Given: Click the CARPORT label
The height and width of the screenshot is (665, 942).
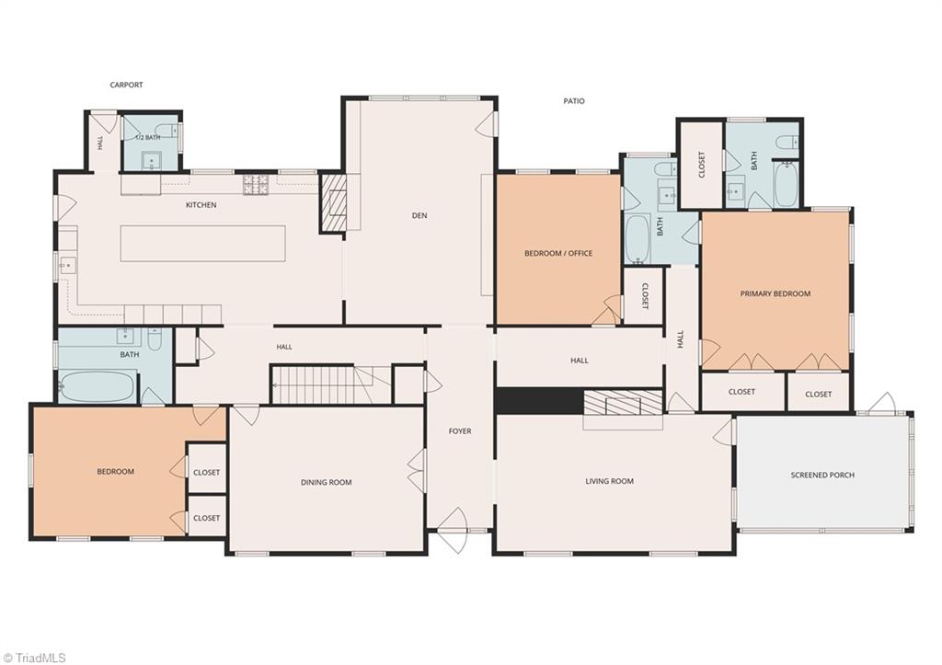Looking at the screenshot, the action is coord(126,85).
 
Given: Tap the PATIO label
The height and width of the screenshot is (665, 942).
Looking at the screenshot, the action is coord(574,101).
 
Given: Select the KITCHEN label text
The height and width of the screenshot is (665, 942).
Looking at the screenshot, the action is coord(201,205).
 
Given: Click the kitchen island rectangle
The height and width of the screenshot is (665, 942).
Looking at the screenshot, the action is coord(202,244).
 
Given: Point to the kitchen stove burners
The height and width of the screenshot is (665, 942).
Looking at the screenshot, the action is coord(255,184).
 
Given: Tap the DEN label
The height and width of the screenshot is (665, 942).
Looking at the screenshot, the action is coord(419,215).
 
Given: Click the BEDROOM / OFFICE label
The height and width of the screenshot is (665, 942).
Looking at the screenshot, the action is coord(558,253).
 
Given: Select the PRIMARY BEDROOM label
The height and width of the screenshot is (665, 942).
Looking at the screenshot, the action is coord(775,293).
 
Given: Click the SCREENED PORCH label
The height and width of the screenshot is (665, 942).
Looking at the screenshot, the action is coord(822,475).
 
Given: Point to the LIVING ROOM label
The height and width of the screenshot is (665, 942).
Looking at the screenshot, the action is coord(609,480).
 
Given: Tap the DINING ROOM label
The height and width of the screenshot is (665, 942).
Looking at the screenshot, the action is coord(327,482).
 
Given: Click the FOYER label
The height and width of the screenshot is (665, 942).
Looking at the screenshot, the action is coord(460,430).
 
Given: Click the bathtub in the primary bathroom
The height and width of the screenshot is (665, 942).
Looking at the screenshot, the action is coord(786,185).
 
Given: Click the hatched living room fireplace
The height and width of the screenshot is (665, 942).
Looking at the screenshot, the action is coord(623,403).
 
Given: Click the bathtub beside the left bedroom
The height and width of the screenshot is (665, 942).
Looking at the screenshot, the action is coord(98,386).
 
